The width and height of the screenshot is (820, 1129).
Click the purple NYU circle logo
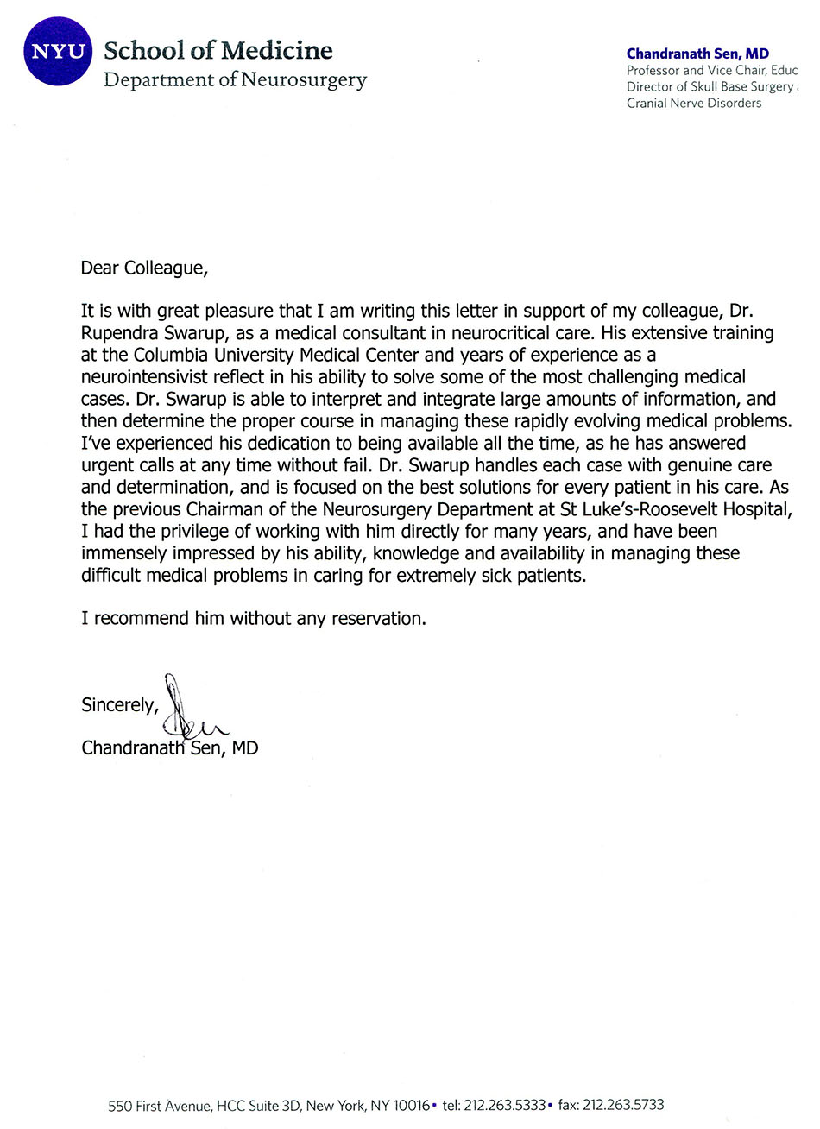coord(58,51)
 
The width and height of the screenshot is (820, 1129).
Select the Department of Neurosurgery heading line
coord(235,80)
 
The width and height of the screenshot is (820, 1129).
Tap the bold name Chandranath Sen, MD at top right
coord(697,54)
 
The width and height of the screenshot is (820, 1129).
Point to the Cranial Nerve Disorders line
coord(694,103)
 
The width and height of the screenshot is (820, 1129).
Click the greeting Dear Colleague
coord(144,268)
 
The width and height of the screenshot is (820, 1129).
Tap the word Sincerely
coord(119,705)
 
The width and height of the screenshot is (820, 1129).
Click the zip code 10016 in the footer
coord(411,1105)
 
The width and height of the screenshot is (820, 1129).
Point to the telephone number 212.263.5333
coord(504,1105)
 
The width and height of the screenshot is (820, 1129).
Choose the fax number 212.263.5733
coord(622,1105)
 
